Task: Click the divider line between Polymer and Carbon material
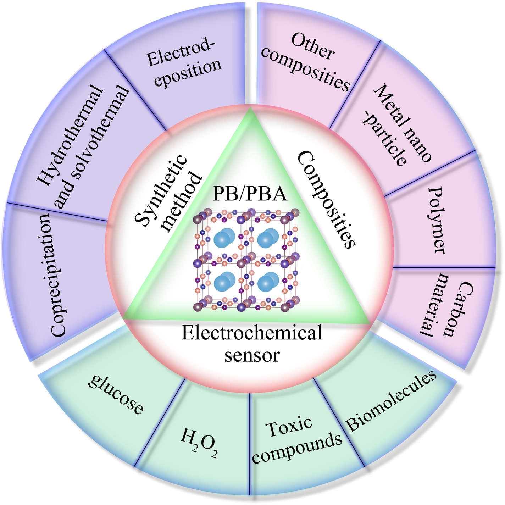tap(443, 267)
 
